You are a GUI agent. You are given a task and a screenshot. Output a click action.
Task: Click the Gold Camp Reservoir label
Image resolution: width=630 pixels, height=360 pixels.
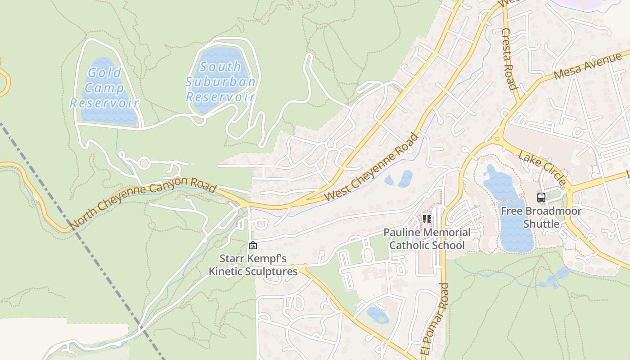pyautogui.click(x=104, y=88)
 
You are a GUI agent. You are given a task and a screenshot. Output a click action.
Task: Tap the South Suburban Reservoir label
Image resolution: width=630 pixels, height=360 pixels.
pyautogui.click(x=220, y=82)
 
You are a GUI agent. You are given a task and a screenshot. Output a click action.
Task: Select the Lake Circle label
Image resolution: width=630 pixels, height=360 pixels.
pyautogui.click(x=542, y=168)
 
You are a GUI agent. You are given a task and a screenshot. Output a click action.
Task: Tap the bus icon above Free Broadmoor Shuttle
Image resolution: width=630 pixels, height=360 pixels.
pyautogui.click(x=541, y=198)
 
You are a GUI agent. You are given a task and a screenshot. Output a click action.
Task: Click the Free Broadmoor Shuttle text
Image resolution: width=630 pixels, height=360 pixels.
pyautogui.click(x=541, y=217)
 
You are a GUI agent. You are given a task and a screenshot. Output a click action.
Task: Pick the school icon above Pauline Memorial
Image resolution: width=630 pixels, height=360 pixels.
pyautogui.click(x=427, y=220)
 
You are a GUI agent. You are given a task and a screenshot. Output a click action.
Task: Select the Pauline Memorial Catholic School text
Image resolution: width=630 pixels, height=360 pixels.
pyautogui.click(x=427, y=239)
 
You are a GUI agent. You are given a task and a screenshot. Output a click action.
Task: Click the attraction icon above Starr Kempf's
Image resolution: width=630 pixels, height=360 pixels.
pyautogui.click(x=253, y=245)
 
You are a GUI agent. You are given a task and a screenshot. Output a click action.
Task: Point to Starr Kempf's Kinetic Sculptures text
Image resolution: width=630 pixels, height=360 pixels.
pyautogui.click(x=253, y=265)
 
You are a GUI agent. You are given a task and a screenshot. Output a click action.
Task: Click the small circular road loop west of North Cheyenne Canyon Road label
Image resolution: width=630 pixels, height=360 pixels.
pyautogui.click(x=144, y=163)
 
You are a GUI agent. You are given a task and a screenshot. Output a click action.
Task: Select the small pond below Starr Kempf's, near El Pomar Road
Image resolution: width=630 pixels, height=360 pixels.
pyautogui.click(x=378, y=315)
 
